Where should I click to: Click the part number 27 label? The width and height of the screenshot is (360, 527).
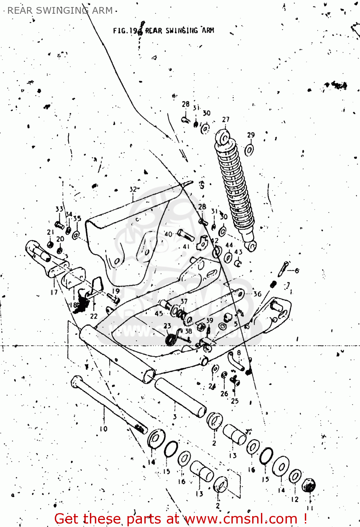click(225, 119)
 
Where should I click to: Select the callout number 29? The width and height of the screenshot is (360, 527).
click(251, 135)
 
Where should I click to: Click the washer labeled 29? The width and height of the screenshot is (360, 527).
click(249, 150)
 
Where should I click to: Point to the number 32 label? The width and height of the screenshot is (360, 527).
click(133, 189)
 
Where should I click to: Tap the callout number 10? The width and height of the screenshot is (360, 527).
click(104, 429)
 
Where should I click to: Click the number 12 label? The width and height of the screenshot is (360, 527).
click(295, 499)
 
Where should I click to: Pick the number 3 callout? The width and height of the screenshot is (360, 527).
click(175, 417)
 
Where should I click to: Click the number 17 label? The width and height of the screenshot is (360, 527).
click(54, 292)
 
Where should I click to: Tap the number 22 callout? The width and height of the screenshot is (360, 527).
click(93, 316)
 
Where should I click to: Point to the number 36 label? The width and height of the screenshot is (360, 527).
click(257, 294)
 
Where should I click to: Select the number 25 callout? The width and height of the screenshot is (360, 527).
click(235, 401)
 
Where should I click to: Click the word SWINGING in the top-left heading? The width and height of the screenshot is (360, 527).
click(63, 11)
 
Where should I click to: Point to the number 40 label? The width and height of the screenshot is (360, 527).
click(168, 234)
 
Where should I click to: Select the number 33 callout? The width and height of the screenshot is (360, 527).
click(59, 209)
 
